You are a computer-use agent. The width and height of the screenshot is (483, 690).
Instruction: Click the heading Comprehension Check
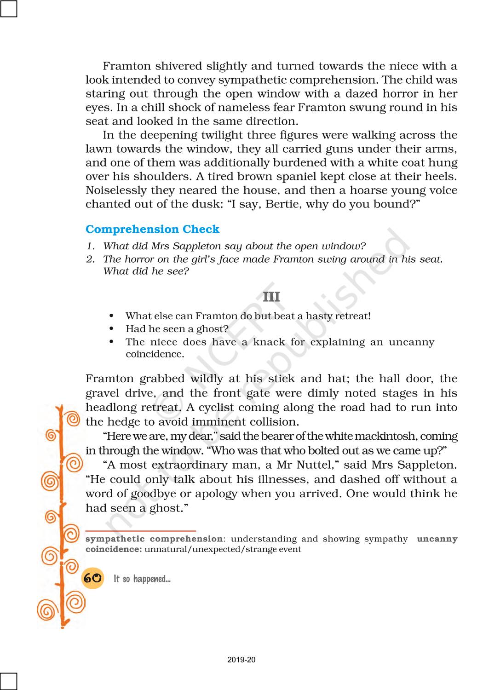[x=152, y=229]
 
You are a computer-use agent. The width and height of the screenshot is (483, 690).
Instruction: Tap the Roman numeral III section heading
[x=271, y=297]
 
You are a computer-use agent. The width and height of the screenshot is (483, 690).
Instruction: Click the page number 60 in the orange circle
[x=92, y=578]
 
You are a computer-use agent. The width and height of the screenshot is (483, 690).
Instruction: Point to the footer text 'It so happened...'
[x=142, y=579]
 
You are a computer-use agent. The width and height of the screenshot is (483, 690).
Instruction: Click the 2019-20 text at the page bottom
[x=241, y=660]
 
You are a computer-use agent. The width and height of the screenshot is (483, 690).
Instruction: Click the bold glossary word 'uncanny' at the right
[x=437, y=539]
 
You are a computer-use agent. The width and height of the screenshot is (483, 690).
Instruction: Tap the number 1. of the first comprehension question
[x=91, y=246]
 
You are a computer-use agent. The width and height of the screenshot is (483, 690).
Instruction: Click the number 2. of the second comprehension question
[x=91, y=259]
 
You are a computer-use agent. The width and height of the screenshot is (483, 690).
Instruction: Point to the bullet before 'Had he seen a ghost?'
[x=111, y=329]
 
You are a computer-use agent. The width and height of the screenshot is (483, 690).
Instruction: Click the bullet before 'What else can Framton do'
[x=111, y=316]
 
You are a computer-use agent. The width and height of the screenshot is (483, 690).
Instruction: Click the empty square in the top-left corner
[x=8, y=8]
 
